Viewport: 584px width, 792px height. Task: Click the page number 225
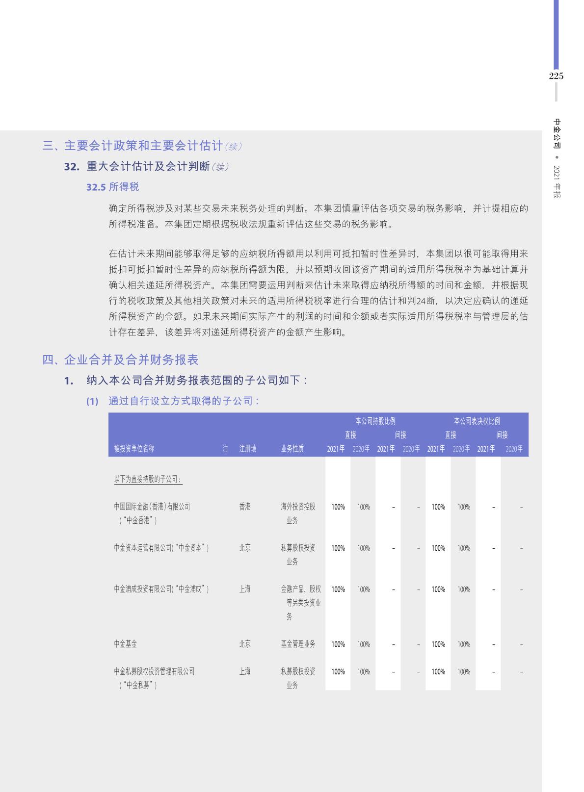click(x=556, y=76)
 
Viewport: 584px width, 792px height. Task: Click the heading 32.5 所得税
click(x=112, y=187)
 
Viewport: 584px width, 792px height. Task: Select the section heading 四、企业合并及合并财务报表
click(x=120, y=359)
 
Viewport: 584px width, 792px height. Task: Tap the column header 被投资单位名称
click(x=134, y=448)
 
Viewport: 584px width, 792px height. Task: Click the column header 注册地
click(x=247, y=448)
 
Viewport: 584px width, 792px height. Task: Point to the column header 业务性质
click(x=292, y=448)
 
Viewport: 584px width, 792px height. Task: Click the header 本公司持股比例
click(x=375, y=421)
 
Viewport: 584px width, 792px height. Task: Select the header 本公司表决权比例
click(x=477, y=421)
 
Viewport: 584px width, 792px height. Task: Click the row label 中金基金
click(x=125, y=644)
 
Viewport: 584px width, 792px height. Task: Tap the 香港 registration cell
click(x=245, y=507)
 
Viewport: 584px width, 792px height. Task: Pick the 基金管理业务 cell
click(x=298, y=644)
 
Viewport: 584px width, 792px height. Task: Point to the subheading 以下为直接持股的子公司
click(x=148, y=479)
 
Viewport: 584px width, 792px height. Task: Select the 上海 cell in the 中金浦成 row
click(x=245, y=589)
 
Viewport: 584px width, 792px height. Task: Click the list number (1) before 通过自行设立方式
click(x=92, y=401)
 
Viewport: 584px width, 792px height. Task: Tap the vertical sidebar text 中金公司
click(x=557, y=133)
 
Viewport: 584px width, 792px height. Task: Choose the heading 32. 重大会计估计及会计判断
click(x=146, y=166)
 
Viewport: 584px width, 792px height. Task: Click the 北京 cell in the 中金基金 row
click(x=245, y=644)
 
